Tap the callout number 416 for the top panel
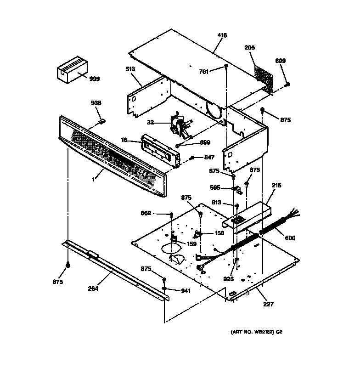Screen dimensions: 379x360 (222, 35)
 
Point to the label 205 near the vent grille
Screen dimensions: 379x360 (250, 47)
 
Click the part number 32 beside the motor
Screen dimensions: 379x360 (150, 122)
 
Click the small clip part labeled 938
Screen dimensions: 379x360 (103, 121)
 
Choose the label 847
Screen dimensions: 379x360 (209, 157)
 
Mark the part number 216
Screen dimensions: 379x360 (276, 185)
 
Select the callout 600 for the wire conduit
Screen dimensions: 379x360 (290, 238)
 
